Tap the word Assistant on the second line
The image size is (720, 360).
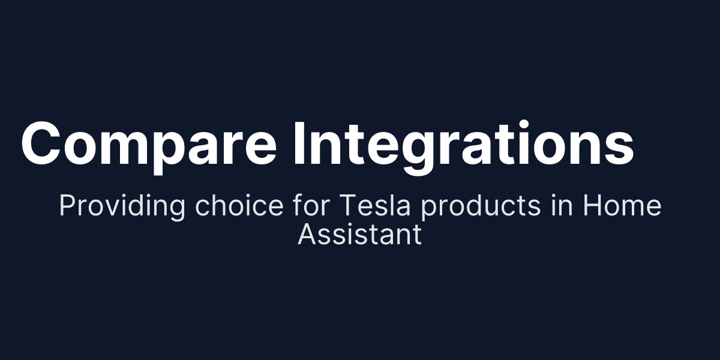359,234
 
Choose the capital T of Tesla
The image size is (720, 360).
347,206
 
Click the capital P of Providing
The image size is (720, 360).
67,206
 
